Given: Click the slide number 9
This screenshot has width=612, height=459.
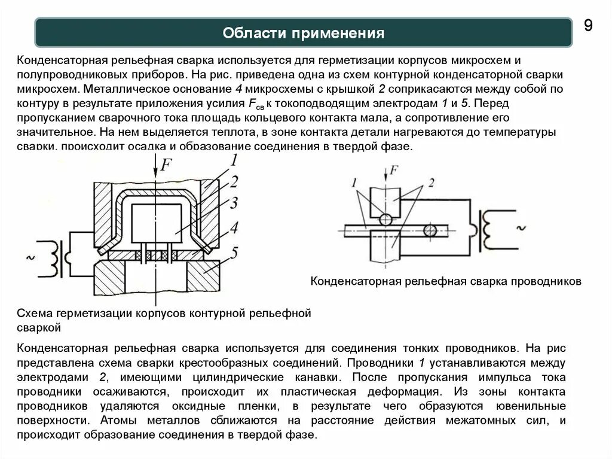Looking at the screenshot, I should tap(588, 26).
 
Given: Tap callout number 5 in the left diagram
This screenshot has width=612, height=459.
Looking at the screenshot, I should tap(234, 253).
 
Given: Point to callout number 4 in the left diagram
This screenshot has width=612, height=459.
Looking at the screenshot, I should tap(234, 228).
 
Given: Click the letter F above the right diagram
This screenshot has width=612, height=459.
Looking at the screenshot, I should tap(393, 171).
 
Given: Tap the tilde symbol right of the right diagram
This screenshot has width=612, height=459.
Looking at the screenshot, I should tap(519, 228).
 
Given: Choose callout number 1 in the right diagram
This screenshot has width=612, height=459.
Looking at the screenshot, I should tap(354, 181).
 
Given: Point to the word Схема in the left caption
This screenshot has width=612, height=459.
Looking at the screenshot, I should tap(34, 314).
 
